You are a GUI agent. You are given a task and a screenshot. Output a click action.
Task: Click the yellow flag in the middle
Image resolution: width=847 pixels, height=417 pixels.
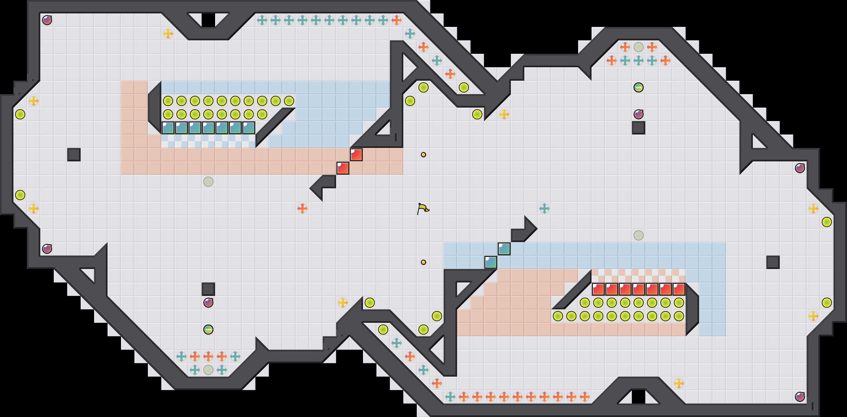click(423, 208)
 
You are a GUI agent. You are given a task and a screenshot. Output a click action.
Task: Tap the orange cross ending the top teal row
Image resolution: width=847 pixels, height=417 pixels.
click(397, 20)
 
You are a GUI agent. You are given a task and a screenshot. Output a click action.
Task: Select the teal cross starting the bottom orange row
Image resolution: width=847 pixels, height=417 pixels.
click(450, 397)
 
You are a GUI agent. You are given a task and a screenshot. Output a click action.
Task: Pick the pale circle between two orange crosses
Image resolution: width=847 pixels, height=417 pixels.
click(639, 47)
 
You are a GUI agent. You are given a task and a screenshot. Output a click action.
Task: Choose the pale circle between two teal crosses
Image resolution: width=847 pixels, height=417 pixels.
click(208, 370)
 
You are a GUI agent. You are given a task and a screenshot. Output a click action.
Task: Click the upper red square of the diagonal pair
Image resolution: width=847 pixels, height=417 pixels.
click(356, 155)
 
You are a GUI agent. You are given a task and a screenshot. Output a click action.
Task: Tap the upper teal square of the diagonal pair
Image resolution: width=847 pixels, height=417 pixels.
click(504, 249)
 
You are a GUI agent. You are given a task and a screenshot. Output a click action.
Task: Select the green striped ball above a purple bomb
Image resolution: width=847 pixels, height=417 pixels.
click(639, 87)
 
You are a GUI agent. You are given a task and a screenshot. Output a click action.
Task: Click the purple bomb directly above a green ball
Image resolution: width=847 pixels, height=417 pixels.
click(208, 303)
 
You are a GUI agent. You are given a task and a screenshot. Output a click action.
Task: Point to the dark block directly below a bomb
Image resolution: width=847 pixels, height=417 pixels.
click(639, 128)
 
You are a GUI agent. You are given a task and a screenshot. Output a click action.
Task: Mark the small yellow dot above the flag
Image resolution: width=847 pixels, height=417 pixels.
click(424, 155)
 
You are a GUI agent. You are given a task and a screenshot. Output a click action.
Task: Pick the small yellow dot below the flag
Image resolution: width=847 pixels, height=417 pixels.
click(424, 262)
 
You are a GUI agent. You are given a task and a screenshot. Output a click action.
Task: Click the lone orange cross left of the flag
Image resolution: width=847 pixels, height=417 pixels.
click(302, 208)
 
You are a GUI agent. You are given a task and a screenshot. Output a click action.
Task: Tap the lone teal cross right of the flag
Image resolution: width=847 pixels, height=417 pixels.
click(544, 208)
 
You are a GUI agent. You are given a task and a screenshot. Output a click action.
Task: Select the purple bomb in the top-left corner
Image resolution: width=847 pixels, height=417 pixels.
click(47, 20)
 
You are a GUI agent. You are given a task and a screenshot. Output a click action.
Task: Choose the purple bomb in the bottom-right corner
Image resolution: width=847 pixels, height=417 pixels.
click(800, 397)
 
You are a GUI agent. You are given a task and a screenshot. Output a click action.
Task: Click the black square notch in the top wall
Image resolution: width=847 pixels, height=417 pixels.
click(208, 20)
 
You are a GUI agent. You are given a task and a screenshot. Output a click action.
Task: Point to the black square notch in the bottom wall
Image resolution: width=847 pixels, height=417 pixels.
click(639, 397)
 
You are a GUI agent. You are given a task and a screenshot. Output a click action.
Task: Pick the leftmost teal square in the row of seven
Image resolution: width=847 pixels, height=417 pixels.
click(168, 128)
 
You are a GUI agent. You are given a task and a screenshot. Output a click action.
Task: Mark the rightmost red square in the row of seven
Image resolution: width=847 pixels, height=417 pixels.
click(679, 289)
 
